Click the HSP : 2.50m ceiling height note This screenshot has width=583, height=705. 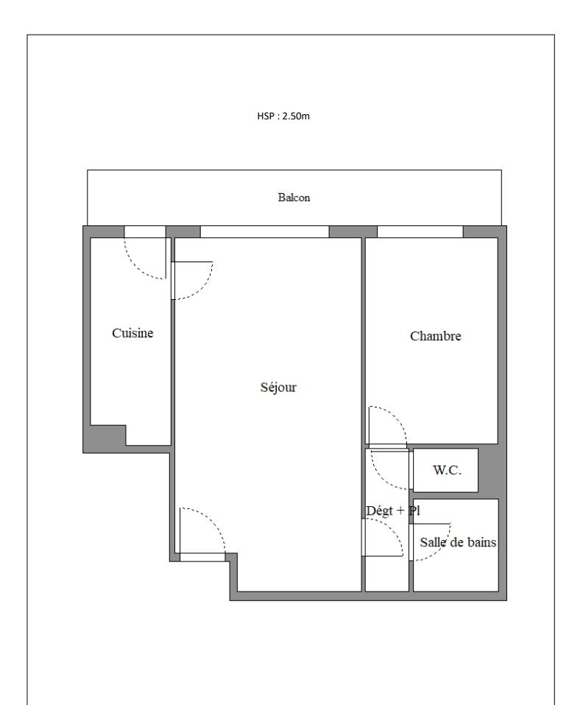(x=283, y=116)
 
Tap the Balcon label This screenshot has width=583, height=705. (x=294, y=197)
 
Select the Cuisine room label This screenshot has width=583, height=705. (x=132, y=333)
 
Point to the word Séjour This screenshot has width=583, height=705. (x=278, y=387)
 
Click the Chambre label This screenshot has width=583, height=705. (x=435, y=336)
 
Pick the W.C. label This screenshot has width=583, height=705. (x=447, y=470)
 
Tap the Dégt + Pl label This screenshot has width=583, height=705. (x=393, y=511)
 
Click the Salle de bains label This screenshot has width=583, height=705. (x=458, y=542)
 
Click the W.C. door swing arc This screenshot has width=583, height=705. (x=380, y=477)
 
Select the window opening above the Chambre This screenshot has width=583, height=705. (x=420, y=231)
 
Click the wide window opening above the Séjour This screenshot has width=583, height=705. (x=264, y=231)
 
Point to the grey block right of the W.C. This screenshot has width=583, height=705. (x=489, y=470)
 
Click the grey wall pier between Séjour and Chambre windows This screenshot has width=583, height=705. (x=353, y=231)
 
